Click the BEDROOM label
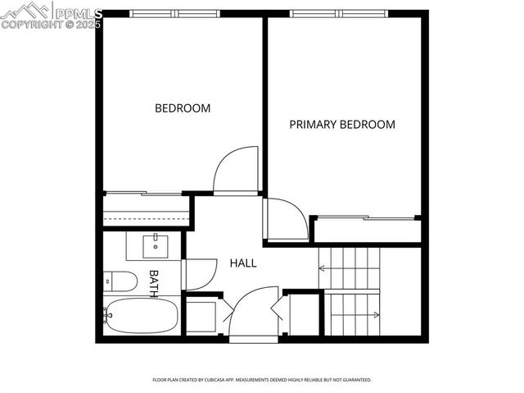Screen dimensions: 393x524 [183, 108]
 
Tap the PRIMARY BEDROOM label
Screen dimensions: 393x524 [342, 125]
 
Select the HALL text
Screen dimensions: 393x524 [242, 263]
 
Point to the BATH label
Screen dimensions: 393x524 [152, 283]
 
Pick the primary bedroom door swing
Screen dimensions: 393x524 [287, 219]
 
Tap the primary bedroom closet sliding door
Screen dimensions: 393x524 [365, 218]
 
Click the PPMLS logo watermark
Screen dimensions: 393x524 [51, 16]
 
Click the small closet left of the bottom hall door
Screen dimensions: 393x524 [201, 315]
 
